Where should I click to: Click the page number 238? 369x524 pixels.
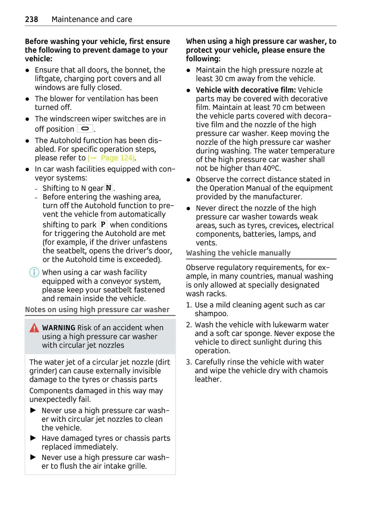pos(31,19)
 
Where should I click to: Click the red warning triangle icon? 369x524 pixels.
pos(34,328)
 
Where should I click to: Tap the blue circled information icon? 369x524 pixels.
pos(34,272)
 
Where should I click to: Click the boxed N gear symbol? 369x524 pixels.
pos(109,188)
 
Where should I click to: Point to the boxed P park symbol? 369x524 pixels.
pos(103,224)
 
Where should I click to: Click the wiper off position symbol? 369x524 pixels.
pos(85,129)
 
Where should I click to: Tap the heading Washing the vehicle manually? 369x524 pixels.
pos(238,253)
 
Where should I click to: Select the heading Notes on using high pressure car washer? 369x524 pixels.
pos(97,310)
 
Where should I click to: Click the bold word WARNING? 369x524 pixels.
pos(58,328)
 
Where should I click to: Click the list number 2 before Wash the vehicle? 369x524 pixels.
pos(189,325)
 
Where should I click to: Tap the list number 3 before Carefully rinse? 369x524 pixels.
pos(189,362)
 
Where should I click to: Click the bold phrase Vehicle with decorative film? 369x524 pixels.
pos(245,90)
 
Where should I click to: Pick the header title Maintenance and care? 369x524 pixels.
pos(92,19)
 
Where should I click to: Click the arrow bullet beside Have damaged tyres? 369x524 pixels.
pos(33,438)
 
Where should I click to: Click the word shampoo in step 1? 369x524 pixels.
pos(211,314)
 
